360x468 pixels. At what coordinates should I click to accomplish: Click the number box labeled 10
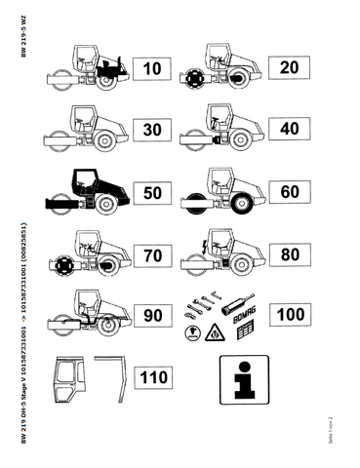pyautogui.click(x=152, y=69)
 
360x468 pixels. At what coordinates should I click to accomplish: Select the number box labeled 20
pyautogui.click(x=289, y=67)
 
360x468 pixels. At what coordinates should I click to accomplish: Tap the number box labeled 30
pyautogui.click(x=152, y=130)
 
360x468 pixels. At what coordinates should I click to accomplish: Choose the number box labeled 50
pyautogui.click(x=152, y=192)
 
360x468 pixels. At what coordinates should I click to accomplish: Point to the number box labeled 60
pyautogui.click(x=289, y=191)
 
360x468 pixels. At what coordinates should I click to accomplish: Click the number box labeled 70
pyautogui.click(x=152, y=254)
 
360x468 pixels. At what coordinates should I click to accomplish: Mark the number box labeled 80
pyautogui.click(x=289, y=254)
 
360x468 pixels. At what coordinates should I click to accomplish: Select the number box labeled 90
pyautogui.click(x=152, y=316)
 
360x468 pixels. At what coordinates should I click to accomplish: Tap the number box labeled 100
pyautogui.click(x=289, y=314)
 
